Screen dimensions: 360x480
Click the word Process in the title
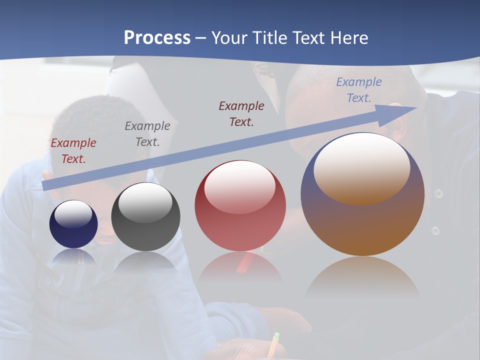click(x=157, y=38)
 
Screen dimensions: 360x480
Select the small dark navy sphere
click(x=73, y=224)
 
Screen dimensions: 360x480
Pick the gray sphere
click(x=145, y=216)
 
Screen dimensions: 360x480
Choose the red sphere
click(x=240, y=205)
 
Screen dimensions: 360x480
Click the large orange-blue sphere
click(x=362, y=194)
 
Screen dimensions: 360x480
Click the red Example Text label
click(x=73, y=151)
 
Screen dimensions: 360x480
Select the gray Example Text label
click(x=147, y=134)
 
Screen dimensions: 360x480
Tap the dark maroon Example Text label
click(x=241, y=113)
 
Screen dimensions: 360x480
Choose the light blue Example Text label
click(x=359, y=90)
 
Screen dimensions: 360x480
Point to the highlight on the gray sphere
click(x=145, y=202)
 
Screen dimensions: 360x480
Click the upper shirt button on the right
click(x=438, y=193)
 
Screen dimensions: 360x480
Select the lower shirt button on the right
click(x=435, y=230)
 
